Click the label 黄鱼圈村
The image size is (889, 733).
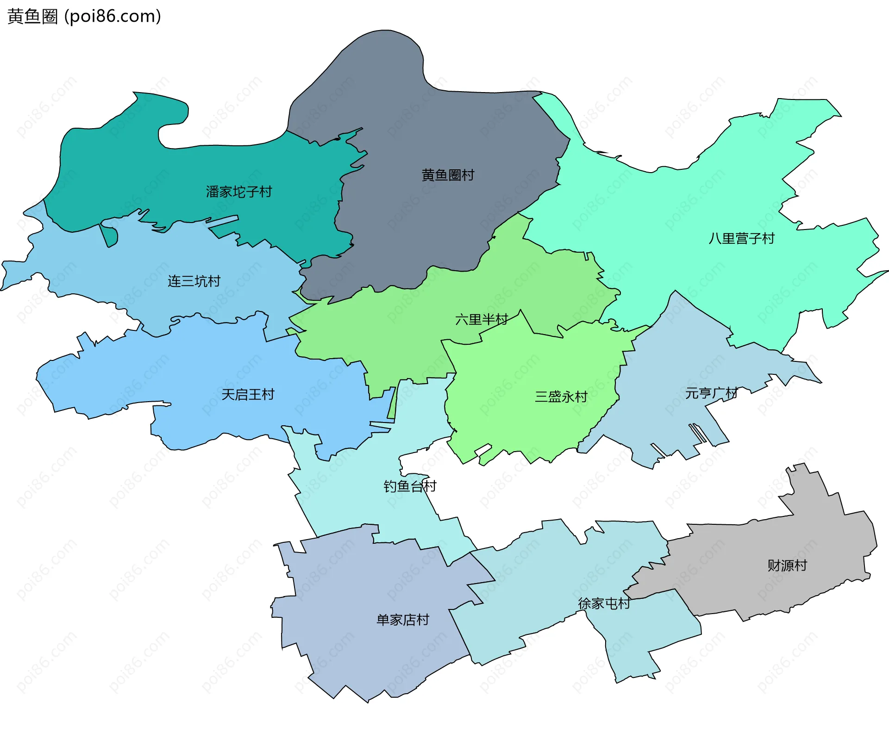click(448, 175)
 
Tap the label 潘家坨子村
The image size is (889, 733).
click(239, 192)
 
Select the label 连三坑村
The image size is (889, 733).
click(194, 281)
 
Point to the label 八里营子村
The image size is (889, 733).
click(741, 238)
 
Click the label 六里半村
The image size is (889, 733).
click(482, 319)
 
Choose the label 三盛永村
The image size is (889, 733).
click(561, 397)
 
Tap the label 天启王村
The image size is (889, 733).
click(248, 394)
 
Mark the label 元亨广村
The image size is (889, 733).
click(711, 393)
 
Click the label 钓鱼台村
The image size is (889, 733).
click(410, 486)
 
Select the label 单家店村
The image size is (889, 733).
click(403, 620)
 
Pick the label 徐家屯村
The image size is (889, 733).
click(604, 603)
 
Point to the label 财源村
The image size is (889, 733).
click(787, 565)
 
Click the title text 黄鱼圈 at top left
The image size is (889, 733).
click(32, 16)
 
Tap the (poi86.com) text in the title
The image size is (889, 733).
click(113, 16)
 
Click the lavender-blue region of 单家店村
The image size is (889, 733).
click(370, 657)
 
